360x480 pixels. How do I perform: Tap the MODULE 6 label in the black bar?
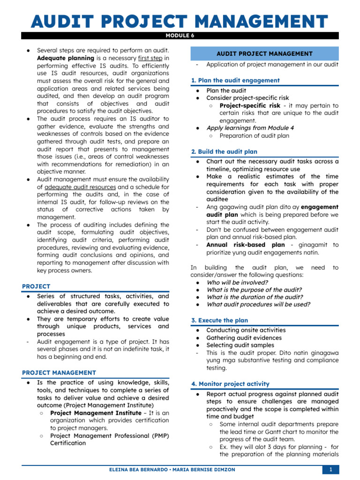pos(180,35)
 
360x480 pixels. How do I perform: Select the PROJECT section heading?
pos(36,286)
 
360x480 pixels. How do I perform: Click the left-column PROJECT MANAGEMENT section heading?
pos(59,373)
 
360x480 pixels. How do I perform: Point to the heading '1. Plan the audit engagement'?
pos(235,80)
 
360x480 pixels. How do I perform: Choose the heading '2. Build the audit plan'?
pos(224,151)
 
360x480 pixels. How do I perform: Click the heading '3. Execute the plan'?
pos(219,320)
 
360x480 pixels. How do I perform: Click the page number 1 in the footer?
pos(330,470)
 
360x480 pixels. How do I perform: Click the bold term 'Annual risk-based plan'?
pos(245,245)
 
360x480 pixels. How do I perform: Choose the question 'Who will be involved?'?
pos(237,282)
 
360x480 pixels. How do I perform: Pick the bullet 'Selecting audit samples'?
pos(240,345)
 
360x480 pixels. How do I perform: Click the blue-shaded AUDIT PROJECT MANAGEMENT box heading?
pos(264,54)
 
